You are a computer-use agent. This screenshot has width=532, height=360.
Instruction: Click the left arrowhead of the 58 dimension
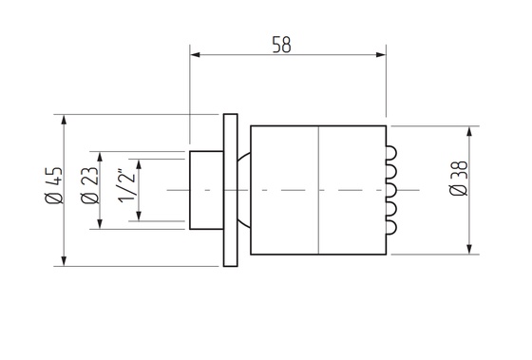click(x=195, y=53)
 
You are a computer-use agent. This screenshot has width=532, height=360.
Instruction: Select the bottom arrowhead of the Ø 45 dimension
click(x=65, y=261)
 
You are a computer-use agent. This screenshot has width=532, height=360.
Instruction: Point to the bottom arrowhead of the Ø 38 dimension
click(x=469, y=250)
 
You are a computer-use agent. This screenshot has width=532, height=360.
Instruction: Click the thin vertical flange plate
click(x=229, y=190)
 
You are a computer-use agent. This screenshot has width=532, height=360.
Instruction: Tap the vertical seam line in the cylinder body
click(x=316, y=190)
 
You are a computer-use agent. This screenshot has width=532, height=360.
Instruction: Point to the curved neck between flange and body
click(x=243, y=190)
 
